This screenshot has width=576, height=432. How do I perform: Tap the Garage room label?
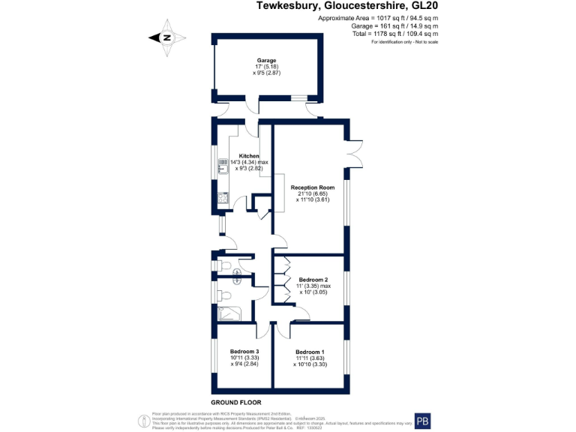[267, 61]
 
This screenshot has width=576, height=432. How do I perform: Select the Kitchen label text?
[248, 156]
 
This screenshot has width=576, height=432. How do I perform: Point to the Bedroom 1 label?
[310, 352]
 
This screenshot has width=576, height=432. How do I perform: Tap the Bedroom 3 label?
[244, 352]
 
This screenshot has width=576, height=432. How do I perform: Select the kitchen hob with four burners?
[223, 199]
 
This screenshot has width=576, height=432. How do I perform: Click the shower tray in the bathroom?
[227, 312]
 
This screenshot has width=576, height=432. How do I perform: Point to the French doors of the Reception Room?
[355, 151]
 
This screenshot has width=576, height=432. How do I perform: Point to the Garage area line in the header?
[396, 25]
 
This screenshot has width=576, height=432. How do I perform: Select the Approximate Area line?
[379, 17]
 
